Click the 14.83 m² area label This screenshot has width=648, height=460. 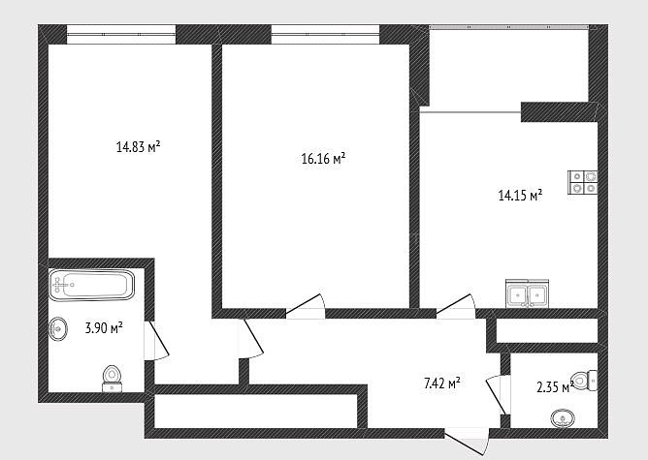pos(138,147)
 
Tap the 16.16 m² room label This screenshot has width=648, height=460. pos(323,159)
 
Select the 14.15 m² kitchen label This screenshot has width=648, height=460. pos(520,195)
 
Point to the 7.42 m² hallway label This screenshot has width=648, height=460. pos(441,383)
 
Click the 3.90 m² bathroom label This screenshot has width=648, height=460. pos(104,328)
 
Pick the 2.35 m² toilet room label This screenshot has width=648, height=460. pos(555,387)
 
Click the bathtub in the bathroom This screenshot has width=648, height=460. pos(92,285)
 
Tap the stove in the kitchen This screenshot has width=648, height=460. pos(583,182)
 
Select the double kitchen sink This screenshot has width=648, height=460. pos(528,293)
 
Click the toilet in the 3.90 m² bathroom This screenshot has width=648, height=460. pos(112,378)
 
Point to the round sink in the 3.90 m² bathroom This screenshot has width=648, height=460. pos(58,329)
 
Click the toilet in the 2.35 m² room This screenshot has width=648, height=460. pos(584,380)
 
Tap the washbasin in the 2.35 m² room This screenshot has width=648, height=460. pos(563,418)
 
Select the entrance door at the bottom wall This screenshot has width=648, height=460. pos(467,442)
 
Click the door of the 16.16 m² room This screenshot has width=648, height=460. pos(306,306)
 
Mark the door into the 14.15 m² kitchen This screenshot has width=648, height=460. pos(456,306)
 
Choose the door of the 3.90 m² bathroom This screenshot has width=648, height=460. pos(156,341)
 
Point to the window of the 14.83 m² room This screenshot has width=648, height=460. pos(121,34)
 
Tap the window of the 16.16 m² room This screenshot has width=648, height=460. pos(325,34)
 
